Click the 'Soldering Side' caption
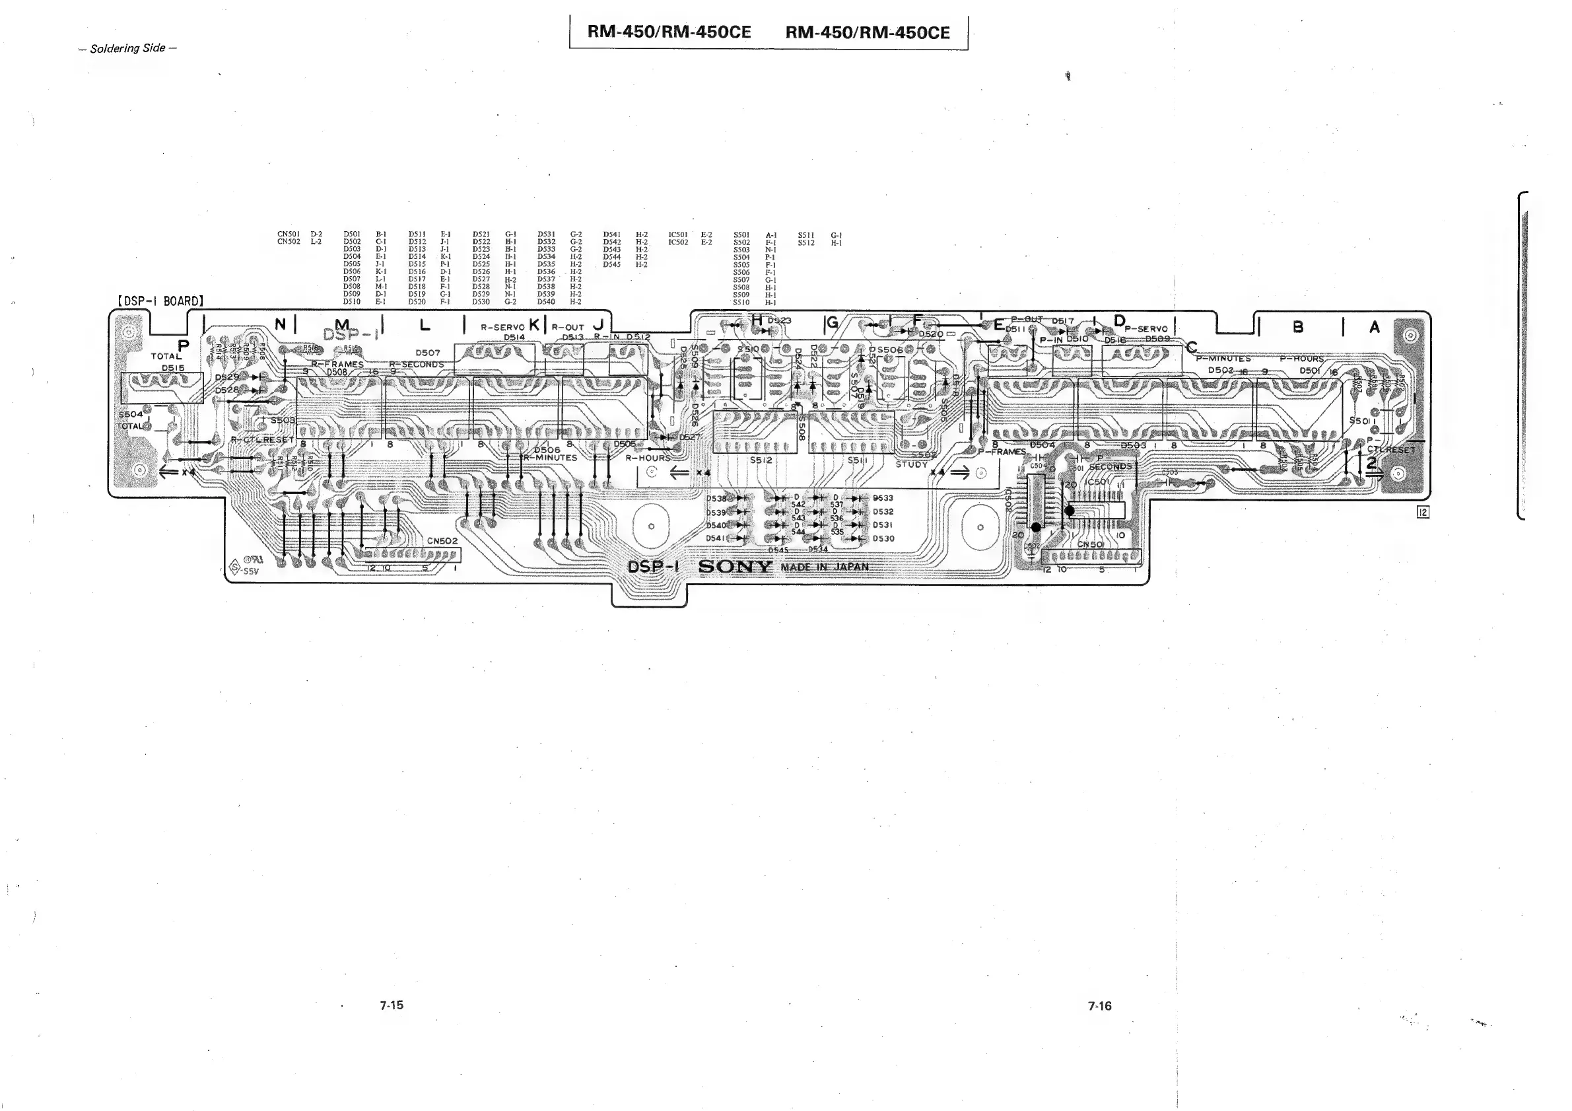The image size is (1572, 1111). tap(127, 48)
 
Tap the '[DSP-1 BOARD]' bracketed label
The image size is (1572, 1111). tap(161, 301)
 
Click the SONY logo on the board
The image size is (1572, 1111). tap(735, 567)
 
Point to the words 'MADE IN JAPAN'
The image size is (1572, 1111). tap(825, 567)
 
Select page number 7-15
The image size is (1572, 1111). tap(392, 1005)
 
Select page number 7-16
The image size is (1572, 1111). tap(1099, 1005)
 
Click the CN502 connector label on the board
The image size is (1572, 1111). tap(442, 540)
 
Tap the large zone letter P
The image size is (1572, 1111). tap(183, 345)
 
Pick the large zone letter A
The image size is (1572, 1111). tap(1374, 328)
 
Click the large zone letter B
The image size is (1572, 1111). tap(1297, 328)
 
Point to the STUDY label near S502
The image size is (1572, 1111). tap(911, 464)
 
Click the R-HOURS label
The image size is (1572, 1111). tap(648, 458)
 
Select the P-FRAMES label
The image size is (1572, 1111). tap(1002, 451)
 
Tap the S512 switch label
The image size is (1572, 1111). tap(761, 460)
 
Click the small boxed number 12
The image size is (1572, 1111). tap(1423, 512)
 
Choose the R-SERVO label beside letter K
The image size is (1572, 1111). tap(502, 328)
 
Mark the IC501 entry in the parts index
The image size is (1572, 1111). tap(678, 235)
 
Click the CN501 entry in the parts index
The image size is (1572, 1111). tap(289, 234)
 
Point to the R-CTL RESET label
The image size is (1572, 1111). tap(262, 440)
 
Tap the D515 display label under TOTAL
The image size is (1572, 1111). tap(172, 368)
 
